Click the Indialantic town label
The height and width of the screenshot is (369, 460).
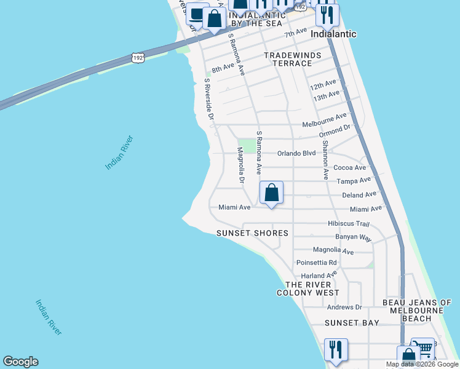tap(334, 34)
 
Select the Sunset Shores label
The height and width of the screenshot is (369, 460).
tap(252, 233)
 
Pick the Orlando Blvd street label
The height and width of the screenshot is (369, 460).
tap(296, 153)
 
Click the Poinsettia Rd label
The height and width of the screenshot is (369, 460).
tap(317, 262)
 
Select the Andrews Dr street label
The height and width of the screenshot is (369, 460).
tap(344, 307)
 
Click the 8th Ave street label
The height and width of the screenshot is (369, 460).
tap(223, 69)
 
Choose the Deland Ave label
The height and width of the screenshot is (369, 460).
tap(359, 194)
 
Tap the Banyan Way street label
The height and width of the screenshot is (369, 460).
tap(354, 237)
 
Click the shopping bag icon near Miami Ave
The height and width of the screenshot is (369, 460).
tap(271, 192)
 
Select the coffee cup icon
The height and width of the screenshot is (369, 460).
tap(197, 13)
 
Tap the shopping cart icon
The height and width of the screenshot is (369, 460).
tap(422, 348)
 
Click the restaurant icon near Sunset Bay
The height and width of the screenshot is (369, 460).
tap(336, 349)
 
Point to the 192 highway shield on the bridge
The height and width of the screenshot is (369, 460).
tap(138, 58)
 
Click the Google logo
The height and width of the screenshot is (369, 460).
tap(20, 362)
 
